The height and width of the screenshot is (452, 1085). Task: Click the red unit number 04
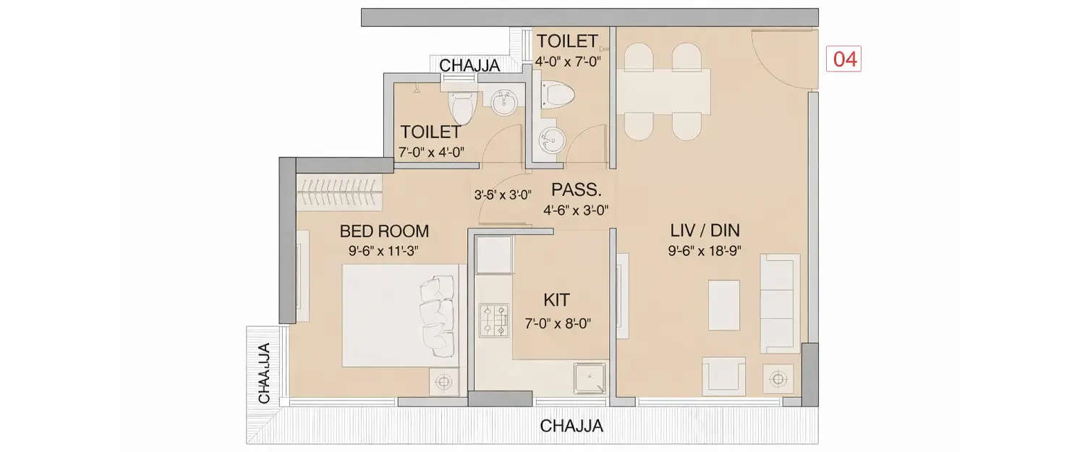tap(844, 59)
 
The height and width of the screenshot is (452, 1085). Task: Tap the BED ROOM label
tap(384, 231)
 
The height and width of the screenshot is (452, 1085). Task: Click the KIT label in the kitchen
tap(556, 299)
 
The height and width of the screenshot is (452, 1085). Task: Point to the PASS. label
tap(576, 190)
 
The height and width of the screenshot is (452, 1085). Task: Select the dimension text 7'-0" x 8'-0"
tap(558, 325)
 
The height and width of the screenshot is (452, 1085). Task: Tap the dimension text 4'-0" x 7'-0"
tap(568, 61)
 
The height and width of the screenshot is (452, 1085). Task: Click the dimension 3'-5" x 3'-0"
tap(503, 195)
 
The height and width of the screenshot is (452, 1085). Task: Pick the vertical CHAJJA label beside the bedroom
tap(265, 372)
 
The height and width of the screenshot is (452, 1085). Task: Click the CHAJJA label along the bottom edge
tap(571, 426)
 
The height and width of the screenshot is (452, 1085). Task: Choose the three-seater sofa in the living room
tap(780, 303)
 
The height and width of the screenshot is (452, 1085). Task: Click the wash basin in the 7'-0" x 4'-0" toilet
tap(504, 103)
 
